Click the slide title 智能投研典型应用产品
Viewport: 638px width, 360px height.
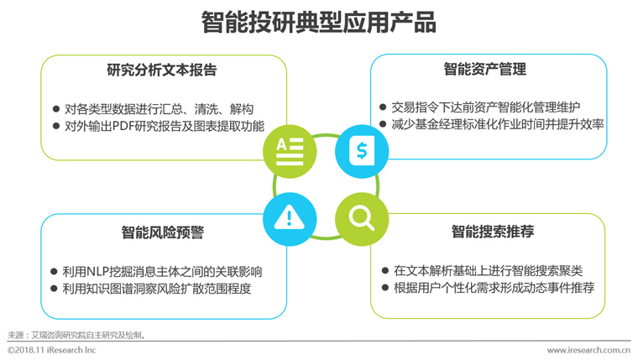[x=319, y=22]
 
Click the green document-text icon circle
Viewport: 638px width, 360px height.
[x=290, y=151]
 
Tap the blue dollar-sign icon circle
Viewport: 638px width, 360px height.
[x=362, y=151]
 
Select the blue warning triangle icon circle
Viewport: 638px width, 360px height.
[x=290, y=219]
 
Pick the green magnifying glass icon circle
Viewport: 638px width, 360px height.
[x=362, y=219]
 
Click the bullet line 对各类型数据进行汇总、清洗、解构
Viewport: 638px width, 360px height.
[x=158, y=109]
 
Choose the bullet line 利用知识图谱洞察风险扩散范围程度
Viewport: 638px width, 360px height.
[x=158, y=289]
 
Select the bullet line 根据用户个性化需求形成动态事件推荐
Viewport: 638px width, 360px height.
[x=493, y=288]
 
